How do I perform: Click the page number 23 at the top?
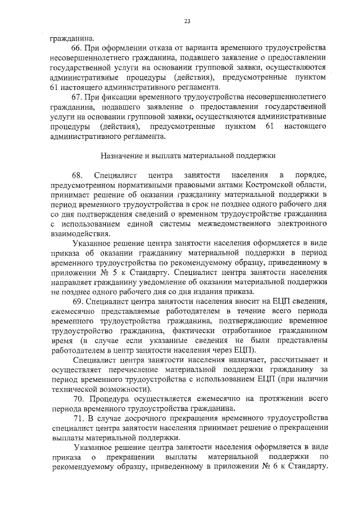[187, 21]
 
